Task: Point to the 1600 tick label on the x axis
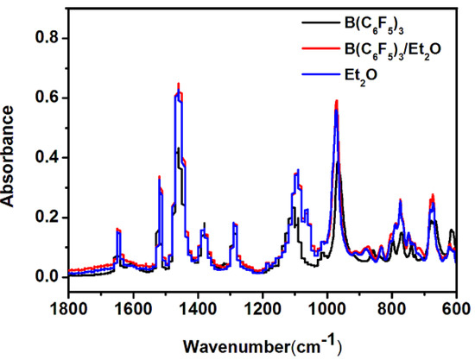point(133,308)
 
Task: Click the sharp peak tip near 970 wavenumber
point(336,101)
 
